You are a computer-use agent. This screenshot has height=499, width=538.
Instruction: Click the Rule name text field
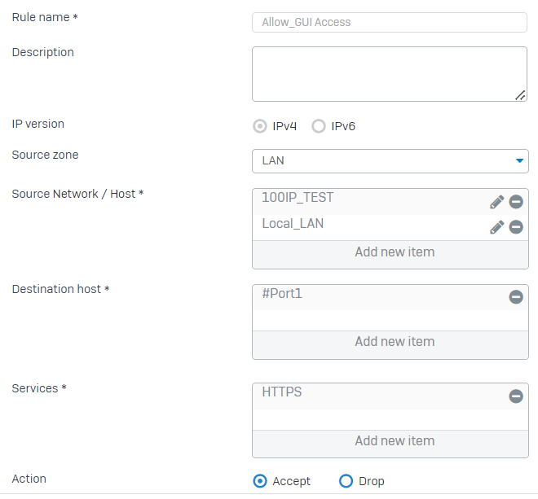(390, 22)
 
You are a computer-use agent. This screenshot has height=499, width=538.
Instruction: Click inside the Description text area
(390, 73)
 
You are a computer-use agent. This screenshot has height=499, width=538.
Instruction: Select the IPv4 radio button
(260, 126)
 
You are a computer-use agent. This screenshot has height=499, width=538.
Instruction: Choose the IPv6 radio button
(319, 126)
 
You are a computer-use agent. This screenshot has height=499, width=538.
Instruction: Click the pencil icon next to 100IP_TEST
(496, 202)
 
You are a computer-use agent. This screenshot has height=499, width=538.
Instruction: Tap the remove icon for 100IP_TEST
(516, 202)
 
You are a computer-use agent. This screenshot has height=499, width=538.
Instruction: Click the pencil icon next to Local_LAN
(496, 227)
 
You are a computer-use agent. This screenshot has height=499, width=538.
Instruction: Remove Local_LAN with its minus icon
(516, 227)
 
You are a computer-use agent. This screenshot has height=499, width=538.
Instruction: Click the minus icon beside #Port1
(516, 297)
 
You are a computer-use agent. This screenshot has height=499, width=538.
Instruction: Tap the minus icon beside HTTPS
(516, 396)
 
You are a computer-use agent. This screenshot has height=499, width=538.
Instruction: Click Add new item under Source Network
(395, 252)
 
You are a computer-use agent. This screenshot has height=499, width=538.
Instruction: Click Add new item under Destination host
(395, 342)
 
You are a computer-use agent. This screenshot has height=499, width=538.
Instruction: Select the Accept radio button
(260, 481)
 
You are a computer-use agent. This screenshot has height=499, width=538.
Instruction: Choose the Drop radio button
(346, 481)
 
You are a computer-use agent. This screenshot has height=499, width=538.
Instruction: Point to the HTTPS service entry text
(282, 392)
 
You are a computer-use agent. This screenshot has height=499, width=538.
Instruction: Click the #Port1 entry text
(282, 293)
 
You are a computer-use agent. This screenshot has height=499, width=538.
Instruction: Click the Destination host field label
(56, 289)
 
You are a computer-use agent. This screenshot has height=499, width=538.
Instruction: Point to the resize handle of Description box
(520, 95)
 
